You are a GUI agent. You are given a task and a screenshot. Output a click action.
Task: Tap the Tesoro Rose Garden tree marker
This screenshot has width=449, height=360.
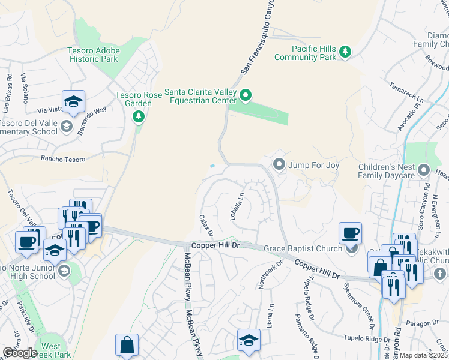click(x=139, y=115)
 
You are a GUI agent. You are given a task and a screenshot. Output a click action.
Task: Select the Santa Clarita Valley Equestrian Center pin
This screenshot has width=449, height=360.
click(x=246, y=95)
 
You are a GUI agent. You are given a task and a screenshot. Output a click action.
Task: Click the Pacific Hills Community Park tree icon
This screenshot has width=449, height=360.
click(x=345, y=52)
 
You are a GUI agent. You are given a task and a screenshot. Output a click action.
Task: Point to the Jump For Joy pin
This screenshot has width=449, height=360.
click(x=279, y=164)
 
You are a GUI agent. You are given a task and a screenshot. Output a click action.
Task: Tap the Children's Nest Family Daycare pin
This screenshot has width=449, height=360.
click(x=424, y=171)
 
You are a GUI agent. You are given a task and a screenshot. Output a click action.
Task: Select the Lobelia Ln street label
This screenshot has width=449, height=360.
click(x=237, y=206)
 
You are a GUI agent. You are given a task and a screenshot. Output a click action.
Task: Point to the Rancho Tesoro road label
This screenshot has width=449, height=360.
click(x=62, y=159)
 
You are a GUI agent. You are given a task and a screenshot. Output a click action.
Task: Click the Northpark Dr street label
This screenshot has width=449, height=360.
click(x=262, y=274)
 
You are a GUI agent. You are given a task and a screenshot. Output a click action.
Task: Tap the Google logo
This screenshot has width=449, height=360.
click(x=19, y=353)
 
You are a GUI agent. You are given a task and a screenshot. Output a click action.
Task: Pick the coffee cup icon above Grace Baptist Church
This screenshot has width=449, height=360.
click(x=350, y=233)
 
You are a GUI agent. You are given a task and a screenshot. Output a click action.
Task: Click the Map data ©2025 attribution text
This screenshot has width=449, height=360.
click(x=424, y=355)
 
